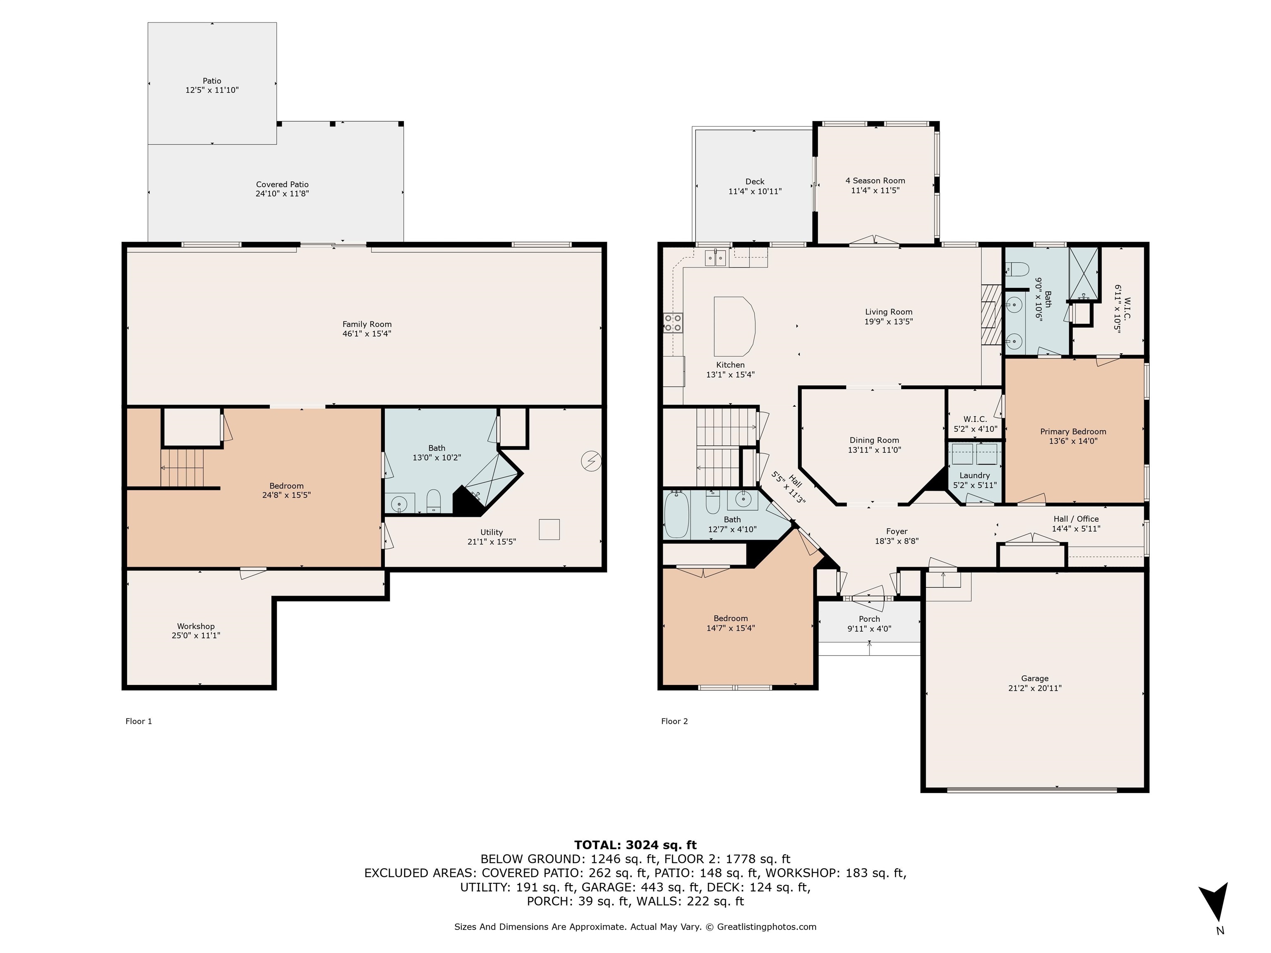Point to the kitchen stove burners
click(673, 322)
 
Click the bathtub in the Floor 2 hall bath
click(676, 515)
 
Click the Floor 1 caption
click(139, 721)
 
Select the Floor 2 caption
click(674, 721)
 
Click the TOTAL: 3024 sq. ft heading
click(635, 845)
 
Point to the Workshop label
click(196, 626)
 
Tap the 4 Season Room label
click(875, 181)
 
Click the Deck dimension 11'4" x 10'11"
click(755, 191)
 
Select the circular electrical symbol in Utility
click(591, 461)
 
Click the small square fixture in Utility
click(549, 529)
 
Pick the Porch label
click(869, 619)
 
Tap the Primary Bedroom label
click(1073, 432)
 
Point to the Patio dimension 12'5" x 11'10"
click(212, 90)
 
